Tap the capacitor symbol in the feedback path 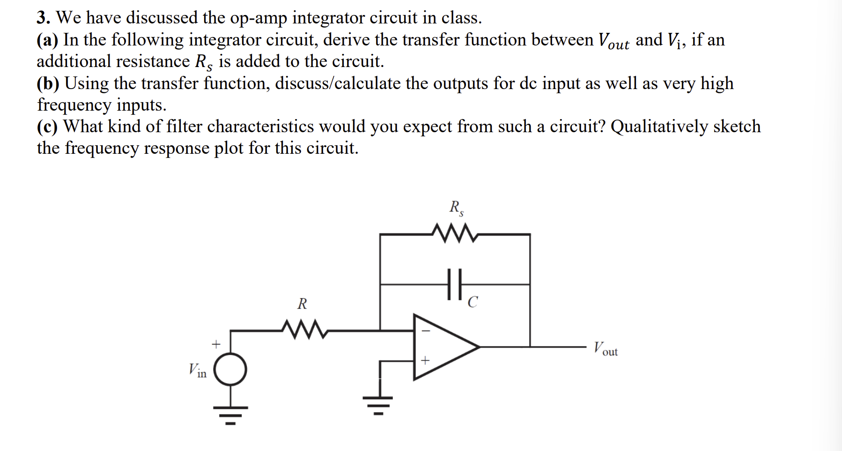click(454, 284)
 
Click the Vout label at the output click(606, 349)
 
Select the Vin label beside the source click(197, 370)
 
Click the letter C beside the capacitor click(473, 302)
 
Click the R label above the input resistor click(302, 304)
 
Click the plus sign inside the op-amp click(425, 361)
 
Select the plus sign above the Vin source click(215, 344)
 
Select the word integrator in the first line click(328, 18)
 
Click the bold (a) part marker click(47, 40)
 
